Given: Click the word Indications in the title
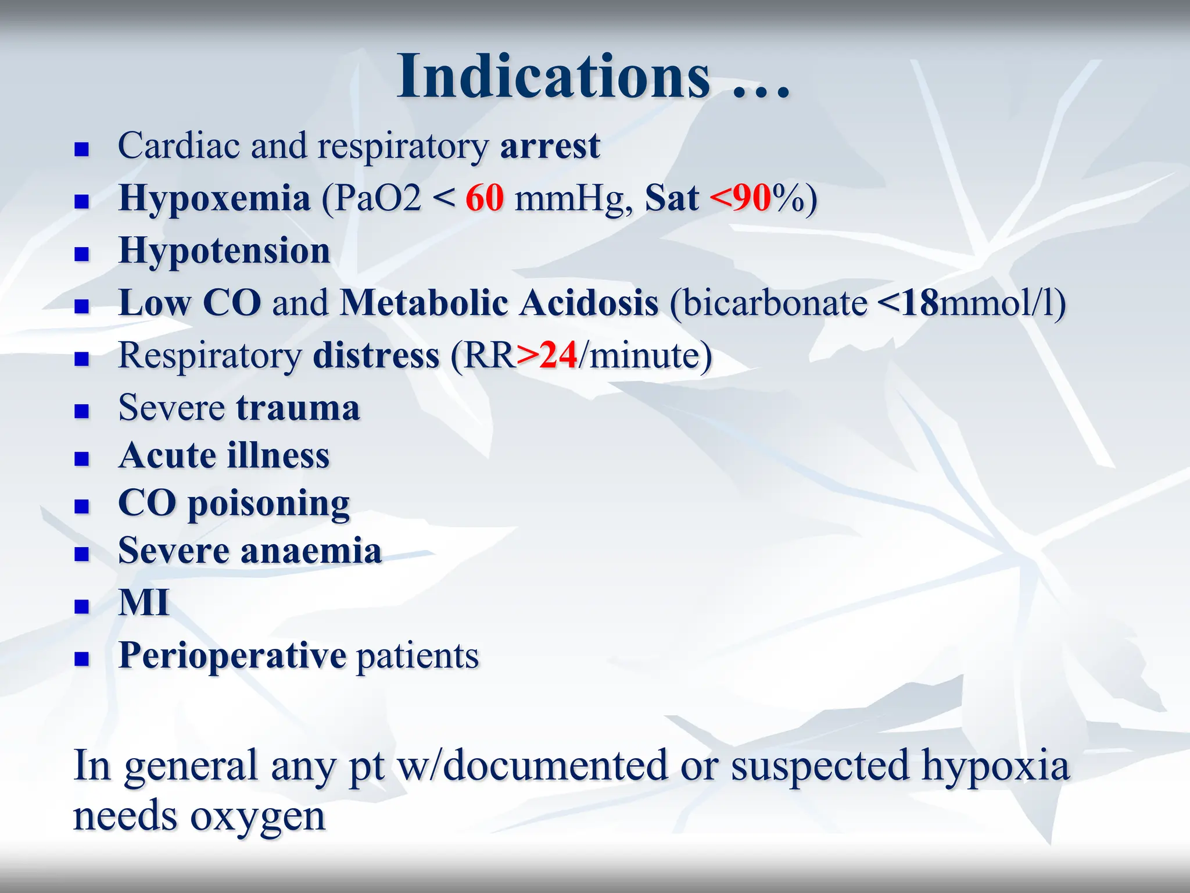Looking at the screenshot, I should pyautogui.click(x=553, y=77).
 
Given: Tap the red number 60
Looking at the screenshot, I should pyautogui.click(x=485, y=198).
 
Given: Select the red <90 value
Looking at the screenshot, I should pyautogui.click(x=740, y=198).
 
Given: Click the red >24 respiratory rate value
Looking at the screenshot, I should pyautogui.click(x=547, y=355).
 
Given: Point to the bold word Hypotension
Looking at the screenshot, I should pyautogui.click(x=224, y=251).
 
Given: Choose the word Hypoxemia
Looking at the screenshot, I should pyautogui.click(x=214, y=198).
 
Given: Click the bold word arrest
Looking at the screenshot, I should pyautogui.click(x=550, y=145).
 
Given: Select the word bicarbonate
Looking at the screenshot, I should pyautogui.click(x=775, y=303).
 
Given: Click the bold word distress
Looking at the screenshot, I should pyautogui.click(x=376, y=355).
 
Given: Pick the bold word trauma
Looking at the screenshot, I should pyautogui.click(x=298, y=408).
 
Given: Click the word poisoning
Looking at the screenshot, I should pyautogui.click(x=268, y=503).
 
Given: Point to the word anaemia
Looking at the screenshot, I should pyautogui.click(x=311, y=551).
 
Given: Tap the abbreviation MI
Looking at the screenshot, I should pyautogui.click(x=144, y=602).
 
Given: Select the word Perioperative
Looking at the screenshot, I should pyautogui.click(x=232, y=656).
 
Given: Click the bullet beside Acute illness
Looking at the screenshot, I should pyautogui.click(x=82, y=459).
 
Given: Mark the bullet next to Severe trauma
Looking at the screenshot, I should pyautogui.click(x=82, y=411).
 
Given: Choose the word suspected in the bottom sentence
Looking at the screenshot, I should pyautogui.click(x=819, y=766).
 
